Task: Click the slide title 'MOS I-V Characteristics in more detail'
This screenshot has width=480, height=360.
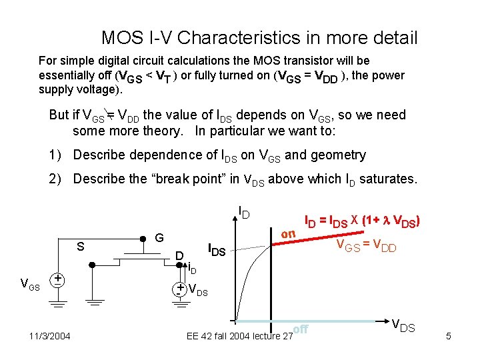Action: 259,37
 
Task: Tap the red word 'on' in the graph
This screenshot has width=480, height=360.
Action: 288,234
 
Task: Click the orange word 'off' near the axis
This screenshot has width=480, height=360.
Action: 301,328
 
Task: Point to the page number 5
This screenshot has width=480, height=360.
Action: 449,336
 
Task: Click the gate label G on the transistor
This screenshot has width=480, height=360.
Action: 159,238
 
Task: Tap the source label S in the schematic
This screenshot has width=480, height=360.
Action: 80,246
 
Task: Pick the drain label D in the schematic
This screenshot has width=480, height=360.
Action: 179,256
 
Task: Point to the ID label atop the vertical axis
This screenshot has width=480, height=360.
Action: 244,213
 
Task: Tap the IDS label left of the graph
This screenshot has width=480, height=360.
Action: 217,251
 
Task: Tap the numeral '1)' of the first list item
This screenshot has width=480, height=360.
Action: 56,155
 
